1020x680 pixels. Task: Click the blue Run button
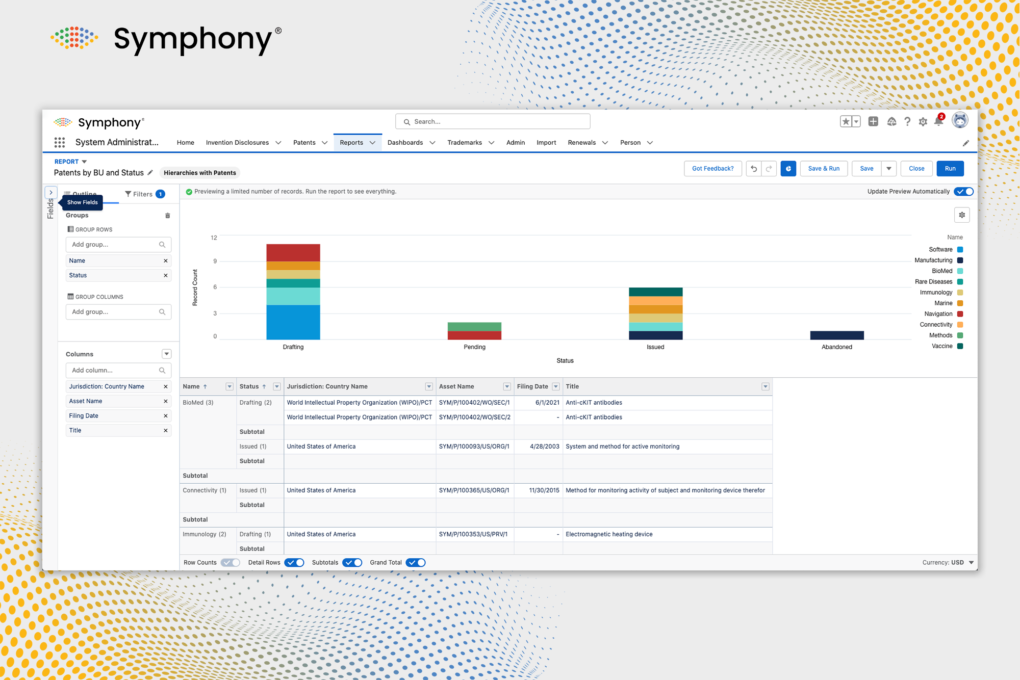950,169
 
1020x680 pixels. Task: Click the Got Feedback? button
712,169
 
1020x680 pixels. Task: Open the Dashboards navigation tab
405,143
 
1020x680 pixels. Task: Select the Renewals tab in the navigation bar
581,143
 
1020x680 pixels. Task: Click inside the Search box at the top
492,122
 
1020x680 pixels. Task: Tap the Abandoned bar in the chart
836,335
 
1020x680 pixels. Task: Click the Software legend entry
940,250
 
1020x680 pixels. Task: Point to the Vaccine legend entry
942,346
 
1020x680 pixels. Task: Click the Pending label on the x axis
474,347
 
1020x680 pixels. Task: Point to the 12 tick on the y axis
214,238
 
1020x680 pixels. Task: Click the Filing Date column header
532,386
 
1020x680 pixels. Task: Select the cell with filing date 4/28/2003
544,447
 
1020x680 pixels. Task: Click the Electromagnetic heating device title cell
609,534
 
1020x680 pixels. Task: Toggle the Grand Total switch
416,563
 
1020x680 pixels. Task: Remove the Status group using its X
165,275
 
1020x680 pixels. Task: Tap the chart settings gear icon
961,215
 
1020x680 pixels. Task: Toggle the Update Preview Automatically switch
964,192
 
